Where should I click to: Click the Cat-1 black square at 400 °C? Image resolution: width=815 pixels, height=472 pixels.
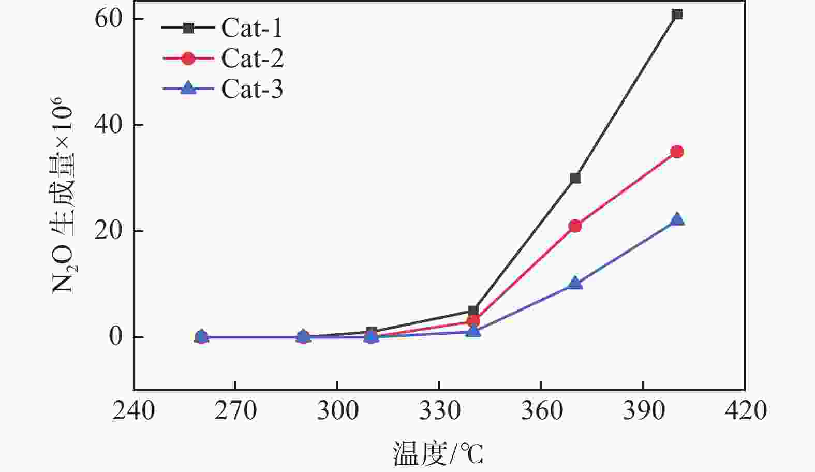(x=677, y=14)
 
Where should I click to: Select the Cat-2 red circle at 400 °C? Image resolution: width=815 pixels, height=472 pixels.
(x=677, y=152)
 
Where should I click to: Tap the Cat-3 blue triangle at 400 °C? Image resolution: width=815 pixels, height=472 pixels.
(x=677, y=219)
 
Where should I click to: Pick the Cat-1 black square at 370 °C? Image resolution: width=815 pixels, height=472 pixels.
(x=575, y=178)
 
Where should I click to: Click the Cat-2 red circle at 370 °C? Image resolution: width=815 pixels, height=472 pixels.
(x=575, y=226)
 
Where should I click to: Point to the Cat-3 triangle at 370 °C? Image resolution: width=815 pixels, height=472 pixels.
(x=575, y=284)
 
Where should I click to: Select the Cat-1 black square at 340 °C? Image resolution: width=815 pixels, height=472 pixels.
(x=473, y=311)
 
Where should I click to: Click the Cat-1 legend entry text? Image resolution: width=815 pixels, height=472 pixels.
(x=252, y=28)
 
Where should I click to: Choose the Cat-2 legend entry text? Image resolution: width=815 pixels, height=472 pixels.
(x=253, y=58)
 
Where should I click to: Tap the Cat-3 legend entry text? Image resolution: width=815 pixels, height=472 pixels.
(x=253, y=89)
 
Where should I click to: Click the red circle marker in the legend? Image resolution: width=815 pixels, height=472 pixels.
(x=189, y=58)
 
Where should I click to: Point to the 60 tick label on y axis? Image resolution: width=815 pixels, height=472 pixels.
(x=108, y=19)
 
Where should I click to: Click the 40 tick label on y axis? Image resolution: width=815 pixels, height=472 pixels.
(x=108, y=125)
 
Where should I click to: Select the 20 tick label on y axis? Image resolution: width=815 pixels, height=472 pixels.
(x=108, y=231)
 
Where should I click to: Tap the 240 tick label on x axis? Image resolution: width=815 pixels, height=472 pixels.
(x=134, y=411)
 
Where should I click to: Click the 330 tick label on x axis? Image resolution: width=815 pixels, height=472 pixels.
(x=439, y=411)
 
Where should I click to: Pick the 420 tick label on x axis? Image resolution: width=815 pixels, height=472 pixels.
(x=745, y=411)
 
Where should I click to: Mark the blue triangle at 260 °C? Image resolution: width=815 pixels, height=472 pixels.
(x=202, y=336)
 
